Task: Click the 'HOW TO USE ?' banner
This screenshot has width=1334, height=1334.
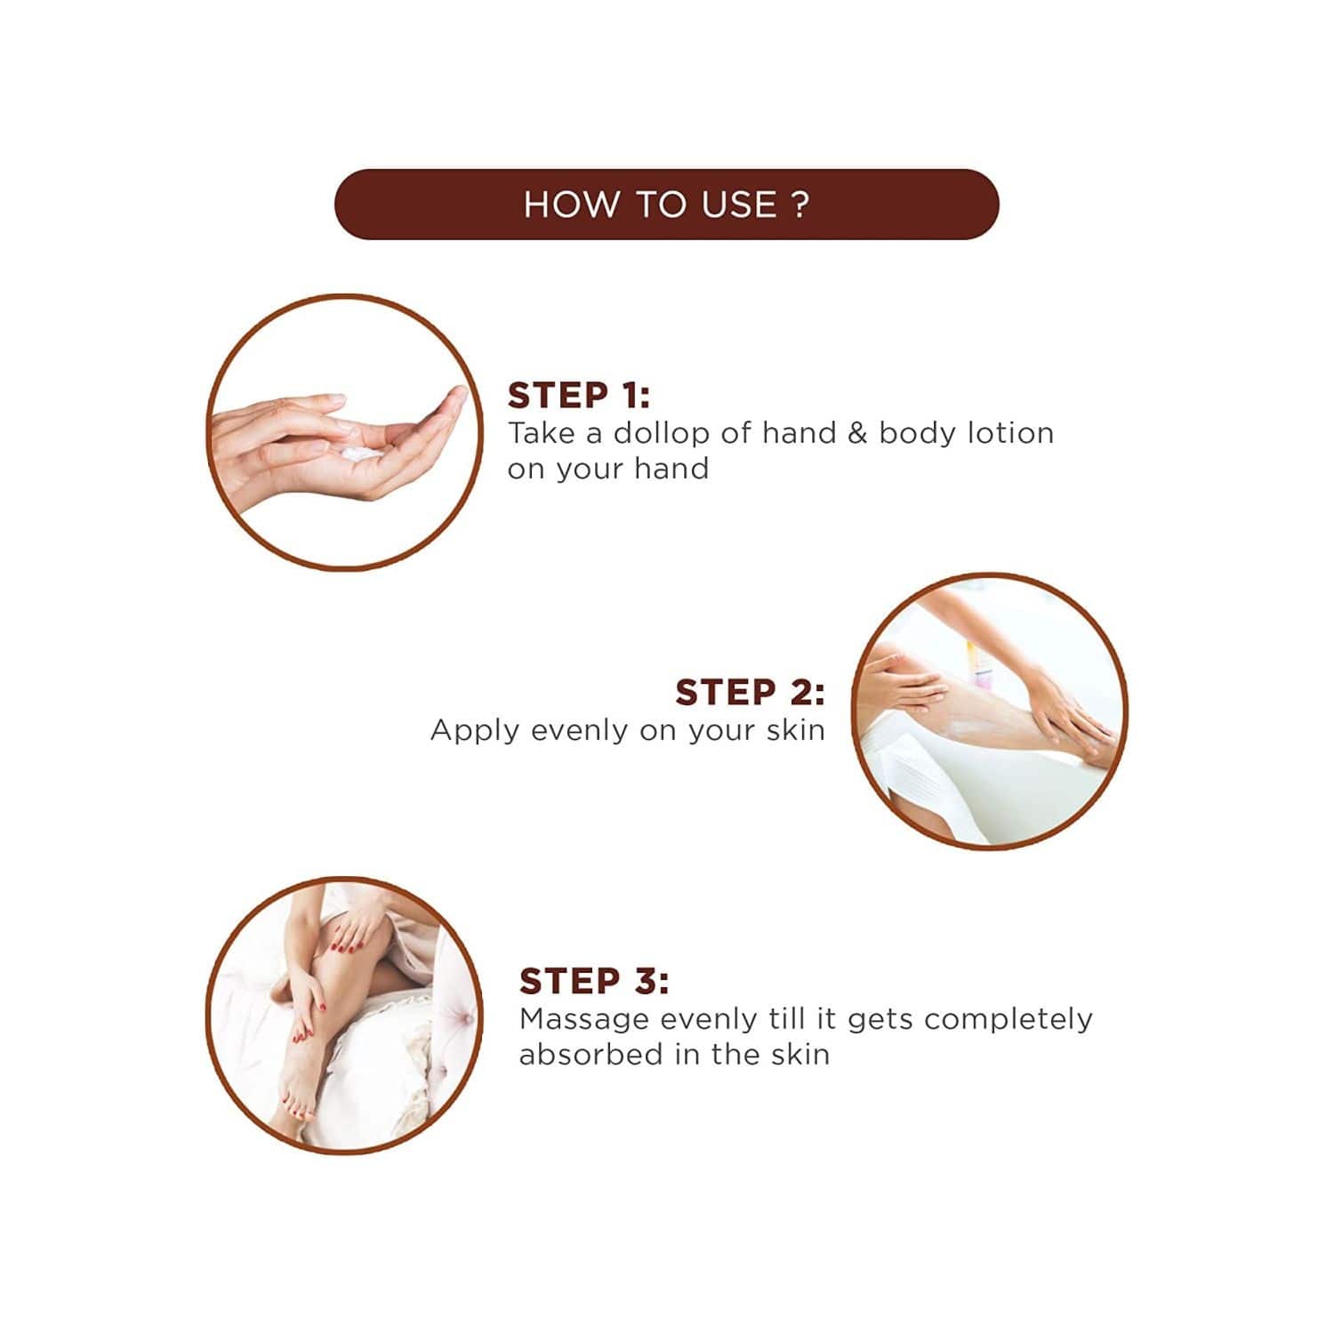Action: click(x=666, y=204)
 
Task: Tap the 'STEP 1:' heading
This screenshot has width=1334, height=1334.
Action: click(x=578, y=395)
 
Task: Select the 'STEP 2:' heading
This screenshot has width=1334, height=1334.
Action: click(x=750, y=692)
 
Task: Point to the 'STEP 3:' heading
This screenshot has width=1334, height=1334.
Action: click(x=594, y=981)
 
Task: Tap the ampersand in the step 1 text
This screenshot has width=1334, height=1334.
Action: click(x=857, y=433)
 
